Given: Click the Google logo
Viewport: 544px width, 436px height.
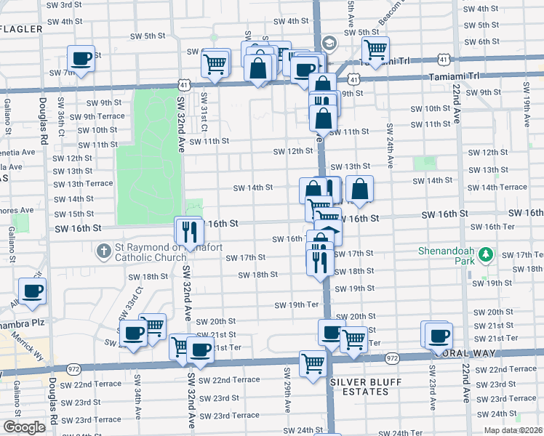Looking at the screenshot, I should click(24, 427).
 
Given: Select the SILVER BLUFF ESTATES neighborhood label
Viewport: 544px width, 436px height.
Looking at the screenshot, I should click(359, 387).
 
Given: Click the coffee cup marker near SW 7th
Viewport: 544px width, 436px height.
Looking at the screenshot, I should click(81, 58).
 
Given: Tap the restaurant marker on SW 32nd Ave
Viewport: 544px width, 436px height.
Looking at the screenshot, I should click(188, 230).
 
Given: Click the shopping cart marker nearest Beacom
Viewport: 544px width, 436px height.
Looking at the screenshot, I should click(375, 49).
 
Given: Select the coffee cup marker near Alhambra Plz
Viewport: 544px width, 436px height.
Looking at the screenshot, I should click(32, 291).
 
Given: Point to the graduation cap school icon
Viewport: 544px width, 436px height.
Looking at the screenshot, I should click(329, 44).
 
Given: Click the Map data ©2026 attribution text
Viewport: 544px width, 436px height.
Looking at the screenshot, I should click(513, 430).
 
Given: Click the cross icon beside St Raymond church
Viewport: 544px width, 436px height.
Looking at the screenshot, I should click(104, 251).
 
